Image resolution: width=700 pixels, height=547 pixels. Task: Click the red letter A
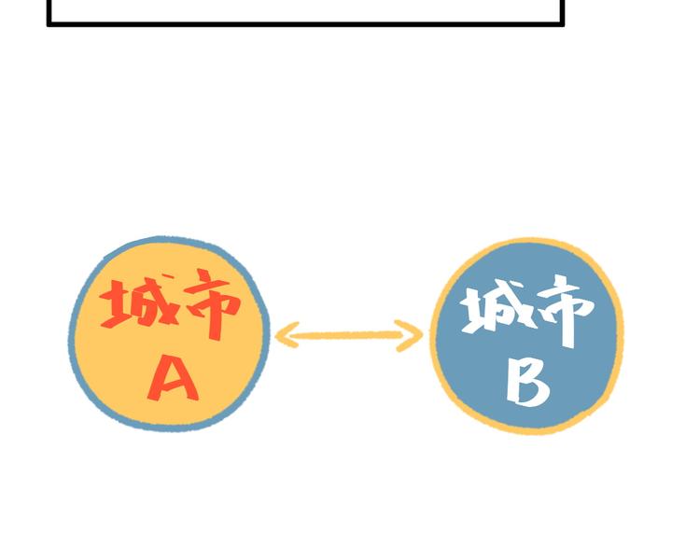[174, 378]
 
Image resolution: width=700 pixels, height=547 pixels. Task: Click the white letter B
[527, 383]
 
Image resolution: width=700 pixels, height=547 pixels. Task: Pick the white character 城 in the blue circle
[498, 306]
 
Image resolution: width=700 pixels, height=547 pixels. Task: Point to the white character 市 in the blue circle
[567, 311]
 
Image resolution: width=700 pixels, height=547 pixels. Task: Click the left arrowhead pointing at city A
[287, 334]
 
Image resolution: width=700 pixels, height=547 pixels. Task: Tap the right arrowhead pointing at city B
[410, 335]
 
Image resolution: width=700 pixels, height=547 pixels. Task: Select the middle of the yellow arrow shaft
[349, 335]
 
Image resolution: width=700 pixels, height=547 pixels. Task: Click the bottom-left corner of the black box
[49, 24]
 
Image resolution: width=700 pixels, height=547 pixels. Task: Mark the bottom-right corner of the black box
[562, 24]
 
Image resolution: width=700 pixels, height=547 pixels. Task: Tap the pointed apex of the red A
[175, 358]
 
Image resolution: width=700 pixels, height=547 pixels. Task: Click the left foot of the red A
[154, 397]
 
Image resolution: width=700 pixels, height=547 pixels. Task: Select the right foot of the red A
[192, 396]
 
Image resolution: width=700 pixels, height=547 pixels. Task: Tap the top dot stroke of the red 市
[204, 275]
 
